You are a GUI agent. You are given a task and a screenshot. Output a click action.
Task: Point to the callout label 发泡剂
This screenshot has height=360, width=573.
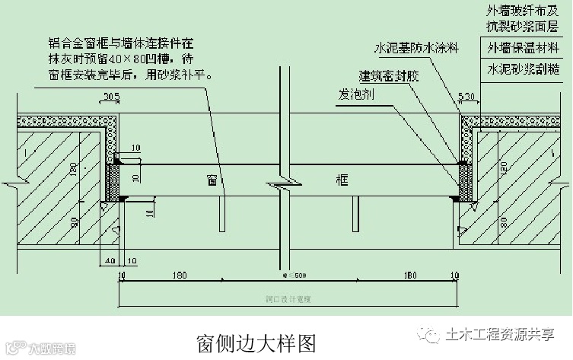point(355,97)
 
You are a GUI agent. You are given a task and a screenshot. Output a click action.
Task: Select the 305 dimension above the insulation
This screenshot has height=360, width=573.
point(112,96)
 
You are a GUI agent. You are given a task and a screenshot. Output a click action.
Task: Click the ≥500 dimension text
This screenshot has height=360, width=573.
point(293,275)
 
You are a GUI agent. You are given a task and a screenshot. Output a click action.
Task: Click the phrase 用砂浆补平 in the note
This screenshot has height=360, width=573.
point(173,75)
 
